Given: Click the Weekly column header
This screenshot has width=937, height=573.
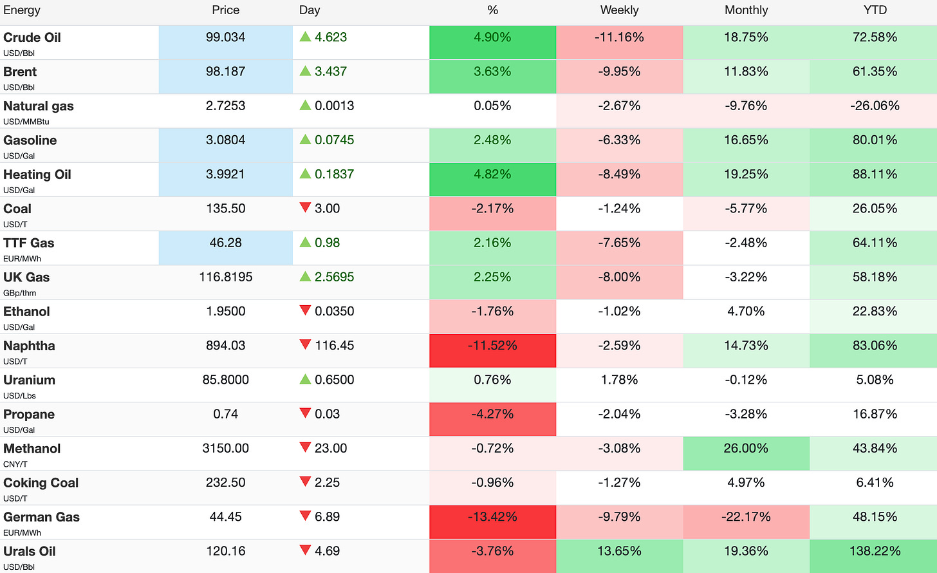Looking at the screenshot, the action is tap(619, 10).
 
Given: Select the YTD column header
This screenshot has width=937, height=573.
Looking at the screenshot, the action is tap(875, 10).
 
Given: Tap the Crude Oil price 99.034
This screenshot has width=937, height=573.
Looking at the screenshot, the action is tap(225, 37).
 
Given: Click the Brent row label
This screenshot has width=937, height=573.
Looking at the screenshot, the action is tap(20, 71).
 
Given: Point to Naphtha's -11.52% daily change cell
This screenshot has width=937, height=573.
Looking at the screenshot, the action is tap(493, 351).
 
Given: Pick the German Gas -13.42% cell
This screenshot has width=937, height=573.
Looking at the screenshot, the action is tap(493, 522).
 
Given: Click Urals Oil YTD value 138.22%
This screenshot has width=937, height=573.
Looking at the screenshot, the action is tap(875, 551).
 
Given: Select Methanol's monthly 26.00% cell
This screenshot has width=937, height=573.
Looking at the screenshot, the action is tap(747, 453).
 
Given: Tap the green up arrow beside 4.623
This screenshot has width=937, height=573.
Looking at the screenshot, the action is tap(305, 37).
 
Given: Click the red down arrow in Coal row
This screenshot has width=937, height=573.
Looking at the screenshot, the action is tap(305, 207).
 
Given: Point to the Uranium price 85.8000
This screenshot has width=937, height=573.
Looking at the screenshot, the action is tap(225, 380).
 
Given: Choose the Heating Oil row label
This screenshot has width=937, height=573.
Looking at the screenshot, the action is tap(37, 174).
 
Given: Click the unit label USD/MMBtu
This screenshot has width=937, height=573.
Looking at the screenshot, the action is tap(26, 122).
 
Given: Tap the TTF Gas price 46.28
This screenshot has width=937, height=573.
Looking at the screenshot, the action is tap(225, 243).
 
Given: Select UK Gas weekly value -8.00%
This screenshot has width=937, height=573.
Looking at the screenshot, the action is tap(619, 277).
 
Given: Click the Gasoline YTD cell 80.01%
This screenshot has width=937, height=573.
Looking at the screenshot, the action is tap(875, 140).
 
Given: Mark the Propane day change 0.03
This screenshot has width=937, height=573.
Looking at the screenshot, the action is tap(327, 414).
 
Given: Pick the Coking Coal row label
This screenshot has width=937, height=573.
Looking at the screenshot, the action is tap(41, 483).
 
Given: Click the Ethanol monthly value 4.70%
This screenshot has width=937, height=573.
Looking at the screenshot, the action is tap(746, 312).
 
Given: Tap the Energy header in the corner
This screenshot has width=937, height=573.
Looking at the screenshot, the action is tap(22, 10).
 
